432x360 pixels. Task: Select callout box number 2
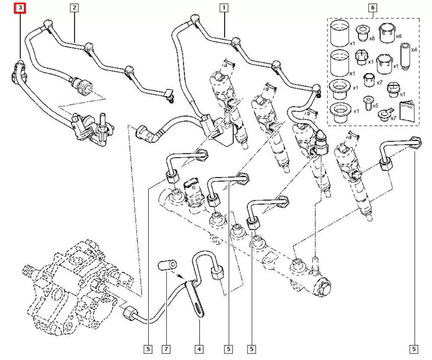click(74, 7)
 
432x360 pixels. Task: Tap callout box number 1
click(224, 7)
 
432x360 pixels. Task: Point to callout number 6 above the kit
click(372, 7)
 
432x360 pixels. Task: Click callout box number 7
click(165, 348)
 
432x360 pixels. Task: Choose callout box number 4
click(199, 348)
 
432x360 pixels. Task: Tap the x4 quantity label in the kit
click(413, 51)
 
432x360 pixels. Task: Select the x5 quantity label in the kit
click(375, 105)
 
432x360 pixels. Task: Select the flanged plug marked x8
click(361, 33)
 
